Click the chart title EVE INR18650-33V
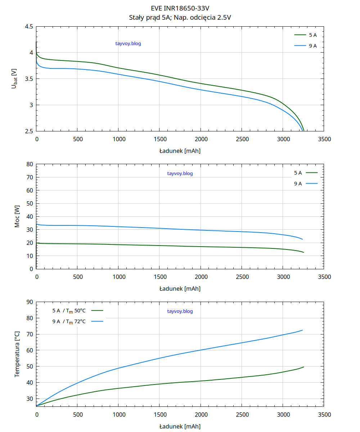click(x=180, y=8)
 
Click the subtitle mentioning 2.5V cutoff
click(x=180, y=17)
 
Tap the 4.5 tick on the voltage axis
click(x=29, y=27)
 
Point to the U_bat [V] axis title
click(x=14, y=79)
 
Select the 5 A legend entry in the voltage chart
click(x=306, y=35)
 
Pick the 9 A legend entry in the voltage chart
click(x=306, y=46)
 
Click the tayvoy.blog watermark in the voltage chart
click(x=128, y=44)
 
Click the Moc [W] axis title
click(x=17, y=217)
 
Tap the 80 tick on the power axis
click(x=30, y=164)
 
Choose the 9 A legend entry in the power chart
click(x=306, y=184)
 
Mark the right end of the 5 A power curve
click(x=303, y=252)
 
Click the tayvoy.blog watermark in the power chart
click(x=180, y=174)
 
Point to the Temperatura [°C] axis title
click(x=17, y=354)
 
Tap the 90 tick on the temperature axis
click(x=30, y=302)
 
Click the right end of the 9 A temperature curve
click(x=302, y=330)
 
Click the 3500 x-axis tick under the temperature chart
click(x=324, y=415)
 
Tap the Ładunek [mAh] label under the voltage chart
click(x=180, y=151)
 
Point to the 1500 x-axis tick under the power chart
click(x=160, y=277)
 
